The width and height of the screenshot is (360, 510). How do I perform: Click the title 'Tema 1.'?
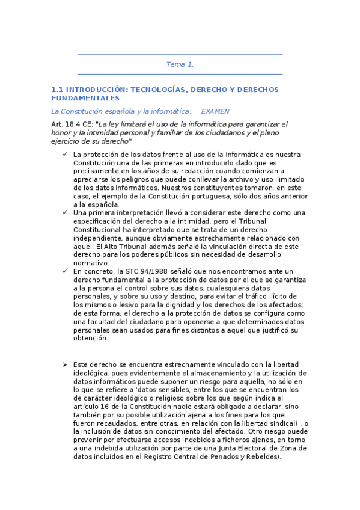180,64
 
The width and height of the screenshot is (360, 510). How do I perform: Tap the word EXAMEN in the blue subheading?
215,111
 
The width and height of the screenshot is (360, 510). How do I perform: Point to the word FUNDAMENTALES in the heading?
85,98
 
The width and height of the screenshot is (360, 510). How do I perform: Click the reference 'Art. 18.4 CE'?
72,124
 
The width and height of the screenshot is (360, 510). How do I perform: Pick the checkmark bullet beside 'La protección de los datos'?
64,155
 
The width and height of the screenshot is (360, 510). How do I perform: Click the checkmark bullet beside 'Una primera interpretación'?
64,212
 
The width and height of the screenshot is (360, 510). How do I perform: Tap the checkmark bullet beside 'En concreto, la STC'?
64,271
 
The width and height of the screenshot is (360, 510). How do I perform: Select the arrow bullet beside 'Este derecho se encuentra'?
64,365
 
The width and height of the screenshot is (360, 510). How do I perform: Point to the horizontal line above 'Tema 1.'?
180,55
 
